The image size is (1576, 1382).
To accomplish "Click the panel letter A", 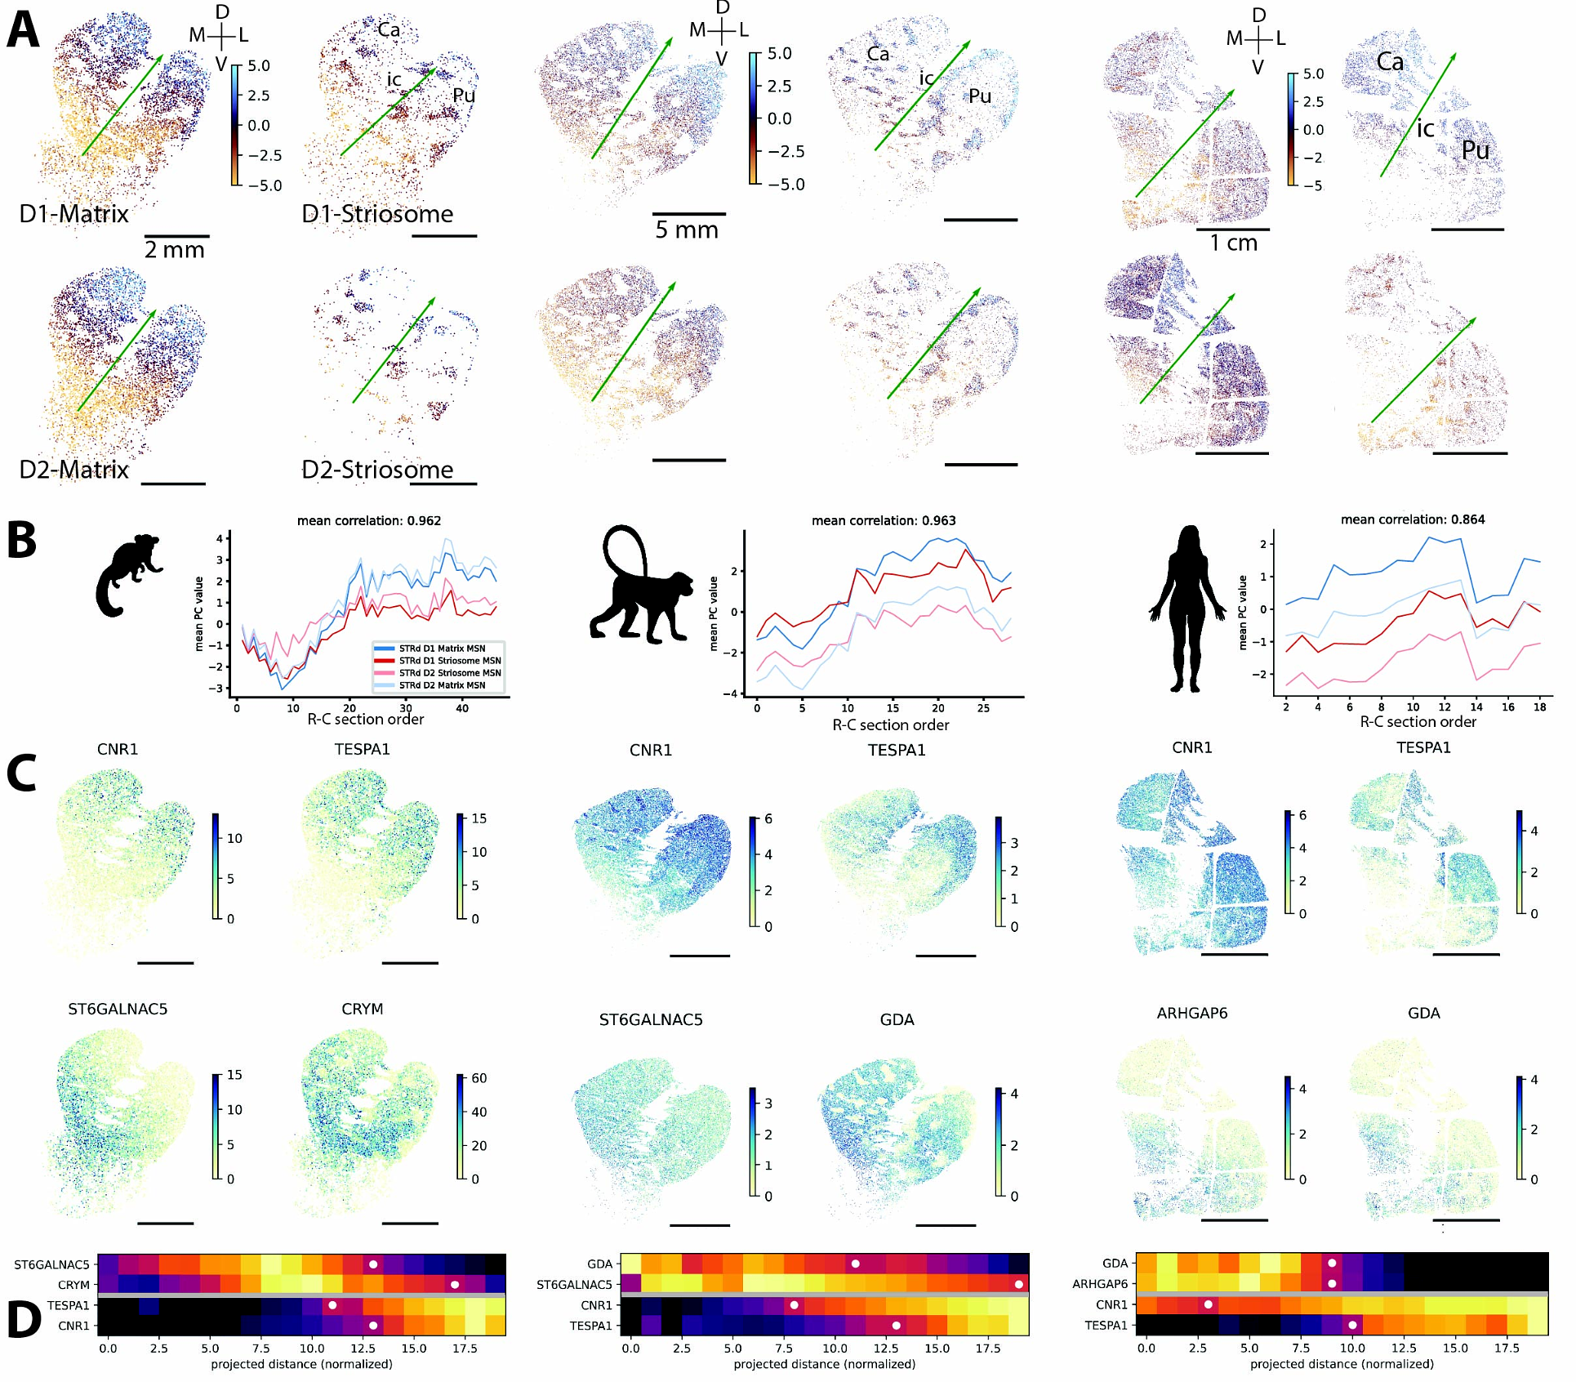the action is pos(22,30).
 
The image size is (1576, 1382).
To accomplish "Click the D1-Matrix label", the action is pos(73,214).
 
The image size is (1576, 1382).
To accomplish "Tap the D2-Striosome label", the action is pos(377,470).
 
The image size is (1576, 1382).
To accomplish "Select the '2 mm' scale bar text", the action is pos(175,250).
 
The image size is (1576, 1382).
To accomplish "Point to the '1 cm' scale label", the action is pos(1233,243).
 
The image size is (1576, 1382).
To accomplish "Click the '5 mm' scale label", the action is pos(687,230).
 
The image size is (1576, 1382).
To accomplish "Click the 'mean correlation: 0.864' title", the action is pos(1413,519).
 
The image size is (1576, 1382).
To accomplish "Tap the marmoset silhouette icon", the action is pos(128,575).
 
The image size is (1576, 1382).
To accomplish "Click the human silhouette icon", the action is pos(1187,609).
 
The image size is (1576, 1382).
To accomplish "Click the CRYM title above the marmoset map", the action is pos(363,1010).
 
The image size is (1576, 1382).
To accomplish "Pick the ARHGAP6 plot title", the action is pos(1192,1014).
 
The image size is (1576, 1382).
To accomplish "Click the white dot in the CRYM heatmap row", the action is pos(455,1285).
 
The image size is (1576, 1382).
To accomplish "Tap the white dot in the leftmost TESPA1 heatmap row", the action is pos(332,1305).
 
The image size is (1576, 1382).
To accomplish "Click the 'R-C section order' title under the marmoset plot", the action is pos(366,720).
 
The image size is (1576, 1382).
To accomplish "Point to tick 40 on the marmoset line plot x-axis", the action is pos(462,708).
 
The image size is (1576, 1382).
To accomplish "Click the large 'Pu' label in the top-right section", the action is pos(1476,151).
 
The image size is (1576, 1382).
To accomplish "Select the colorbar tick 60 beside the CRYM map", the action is pos(479,1078).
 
